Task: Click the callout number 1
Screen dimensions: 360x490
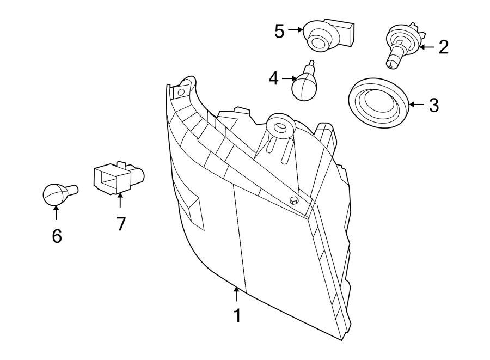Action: (x=237, y=316)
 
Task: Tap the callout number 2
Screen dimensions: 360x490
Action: (x=443, y=47)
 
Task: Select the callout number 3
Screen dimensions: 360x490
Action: (x=433, y=105)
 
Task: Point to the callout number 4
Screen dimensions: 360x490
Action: (x=273, y=78)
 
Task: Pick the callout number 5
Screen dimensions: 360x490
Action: (x=279, y=31)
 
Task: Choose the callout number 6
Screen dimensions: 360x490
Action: (x=57, y=236)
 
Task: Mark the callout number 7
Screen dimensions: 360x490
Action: (x=120, y=223)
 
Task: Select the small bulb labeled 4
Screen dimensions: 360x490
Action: (x=305, y=84)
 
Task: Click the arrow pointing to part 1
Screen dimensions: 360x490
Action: (x=236, y=294)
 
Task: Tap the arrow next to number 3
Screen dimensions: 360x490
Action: (x=416, y=104)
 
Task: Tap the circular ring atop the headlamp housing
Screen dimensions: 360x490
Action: (x=280, y=127)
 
